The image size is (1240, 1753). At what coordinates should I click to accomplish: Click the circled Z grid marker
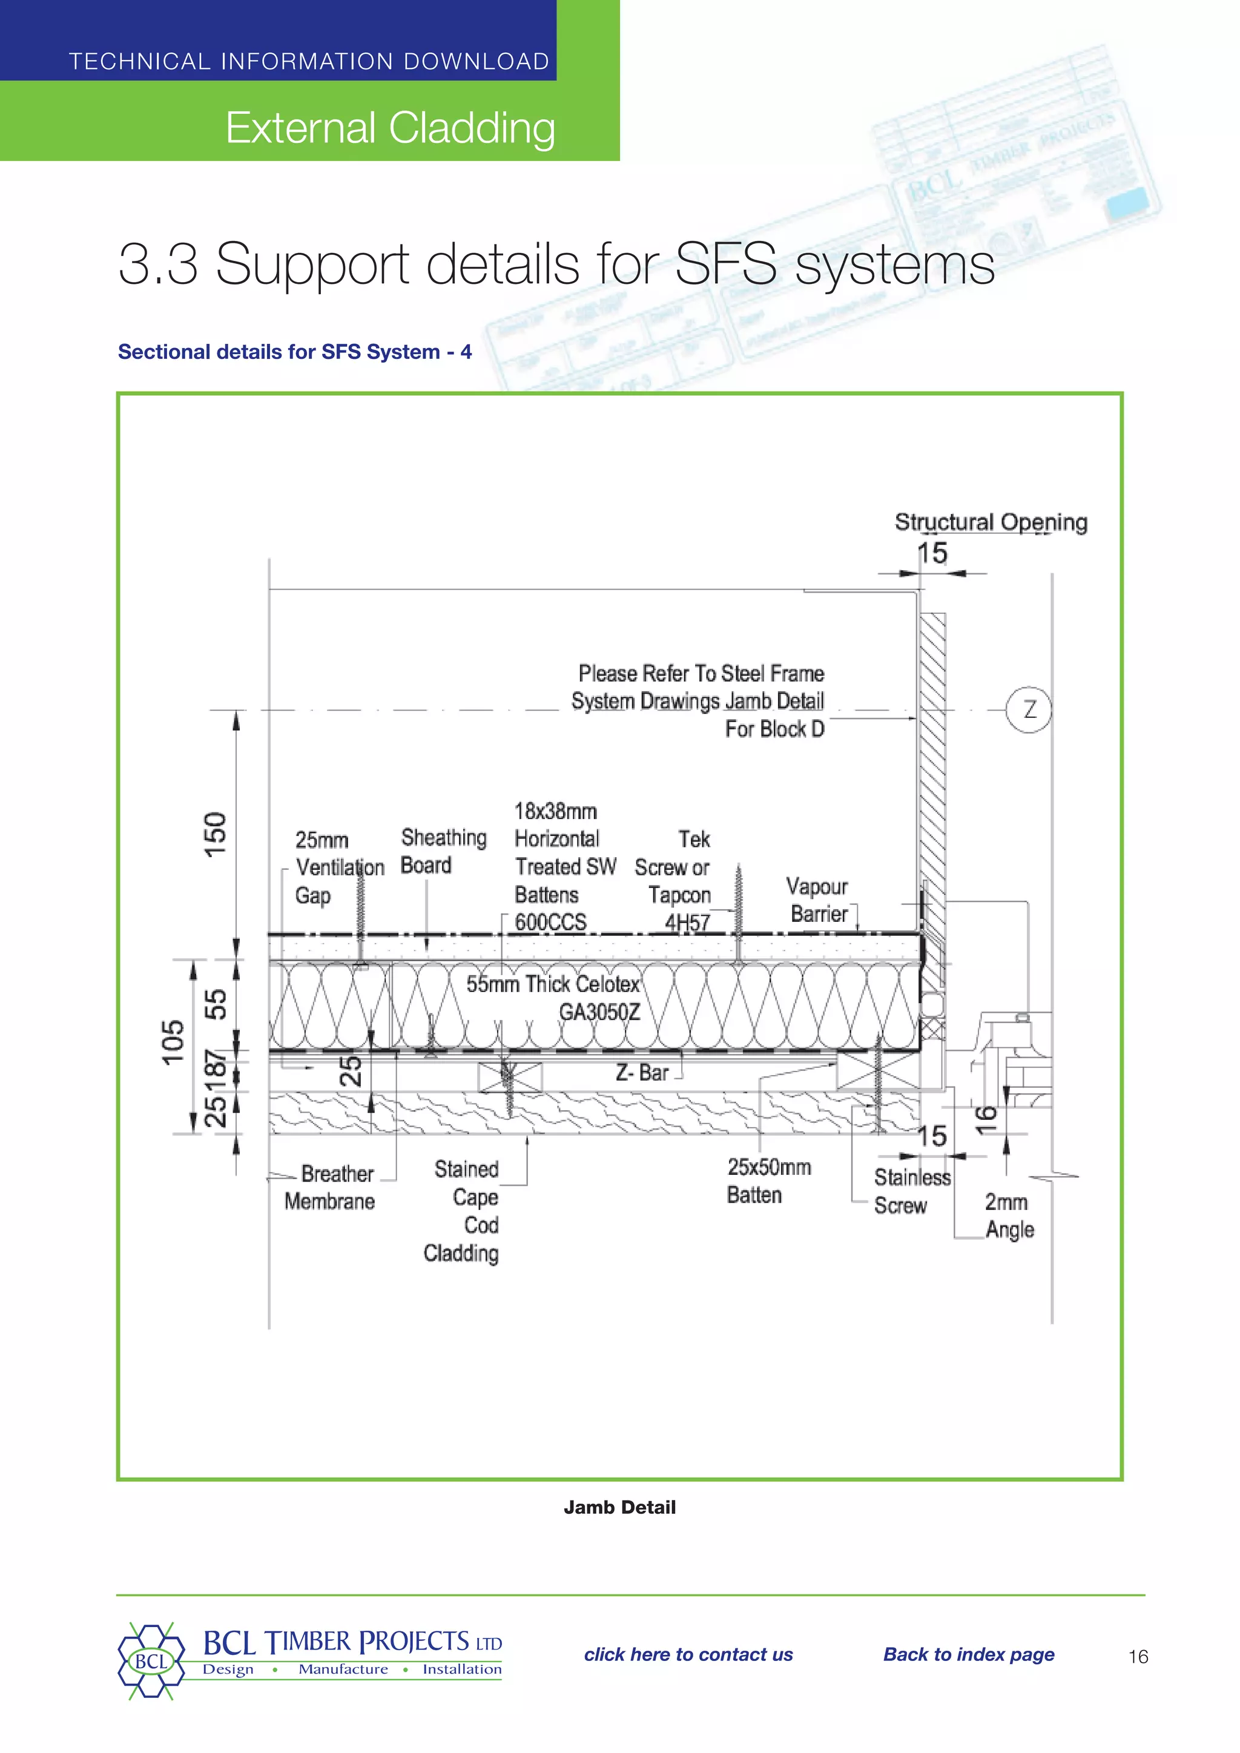coord(1029,710)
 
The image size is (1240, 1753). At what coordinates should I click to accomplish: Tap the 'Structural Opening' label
coord(991,522)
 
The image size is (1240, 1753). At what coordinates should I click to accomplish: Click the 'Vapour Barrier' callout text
coord(819,900)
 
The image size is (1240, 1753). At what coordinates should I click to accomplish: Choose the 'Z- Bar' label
coord(642,1073)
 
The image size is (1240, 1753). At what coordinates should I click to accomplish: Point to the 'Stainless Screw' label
coord(911,1191)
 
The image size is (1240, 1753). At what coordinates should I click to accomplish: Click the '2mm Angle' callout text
coord(1008,1215)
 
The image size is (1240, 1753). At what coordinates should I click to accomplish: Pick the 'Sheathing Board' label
coord(443,851)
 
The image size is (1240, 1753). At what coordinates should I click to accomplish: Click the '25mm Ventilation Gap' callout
coord(338,867)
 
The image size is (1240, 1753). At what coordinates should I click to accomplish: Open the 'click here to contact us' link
coord(688,1654)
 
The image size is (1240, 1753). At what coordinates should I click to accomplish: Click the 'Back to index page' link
coord(968,1654)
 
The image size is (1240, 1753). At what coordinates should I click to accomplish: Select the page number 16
coord(1138,1656)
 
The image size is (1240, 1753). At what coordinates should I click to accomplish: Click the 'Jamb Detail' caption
coord(619,1507)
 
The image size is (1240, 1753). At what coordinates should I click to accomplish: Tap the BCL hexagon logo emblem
coord(150,1660)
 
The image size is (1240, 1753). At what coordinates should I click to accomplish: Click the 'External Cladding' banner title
coord(389,128)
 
